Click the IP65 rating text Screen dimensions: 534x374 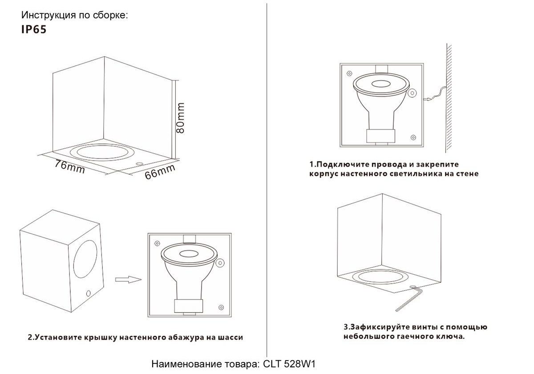click(34, 29)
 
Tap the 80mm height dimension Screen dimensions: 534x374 click(180, 118)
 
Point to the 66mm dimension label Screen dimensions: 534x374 click(160, 172)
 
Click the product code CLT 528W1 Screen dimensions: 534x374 click(289, 364)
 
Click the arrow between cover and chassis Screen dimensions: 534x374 click(128, 280)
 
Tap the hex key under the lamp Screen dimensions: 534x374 click(409, 298)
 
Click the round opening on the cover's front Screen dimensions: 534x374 click(85, 259)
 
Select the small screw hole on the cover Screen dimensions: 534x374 click(89, 293)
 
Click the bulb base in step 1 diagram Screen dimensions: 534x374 click(381, 136)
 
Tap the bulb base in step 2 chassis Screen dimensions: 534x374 click(189, 306)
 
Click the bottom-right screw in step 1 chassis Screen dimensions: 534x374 click(413, 138)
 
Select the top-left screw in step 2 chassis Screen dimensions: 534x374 click(157, 244)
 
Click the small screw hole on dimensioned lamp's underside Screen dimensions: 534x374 click(139, 164)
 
